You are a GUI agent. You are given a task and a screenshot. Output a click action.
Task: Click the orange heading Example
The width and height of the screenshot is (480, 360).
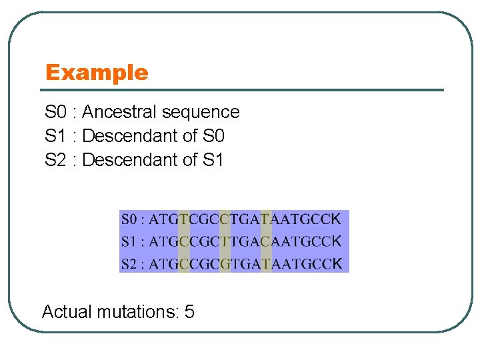(x=97, y=72)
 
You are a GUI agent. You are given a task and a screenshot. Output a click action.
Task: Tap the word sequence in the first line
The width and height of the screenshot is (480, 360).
(x=206, y=112)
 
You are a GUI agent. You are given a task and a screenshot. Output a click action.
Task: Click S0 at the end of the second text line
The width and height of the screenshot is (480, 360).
(x=213, y=136)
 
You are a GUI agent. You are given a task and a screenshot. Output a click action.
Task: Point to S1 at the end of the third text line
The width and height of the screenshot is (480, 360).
(x=213, y=160)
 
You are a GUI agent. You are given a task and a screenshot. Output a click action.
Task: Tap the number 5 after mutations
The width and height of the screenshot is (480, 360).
(x=189, y=311)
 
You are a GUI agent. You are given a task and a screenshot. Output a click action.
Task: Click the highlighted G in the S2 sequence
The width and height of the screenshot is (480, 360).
(x=225, y=264)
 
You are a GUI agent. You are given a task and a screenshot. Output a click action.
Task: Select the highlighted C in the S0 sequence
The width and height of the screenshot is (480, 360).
(x=225, y=219)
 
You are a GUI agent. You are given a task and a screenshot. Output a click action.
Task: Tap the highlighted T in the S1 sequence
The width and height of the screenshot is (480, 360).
(x=225, y=241)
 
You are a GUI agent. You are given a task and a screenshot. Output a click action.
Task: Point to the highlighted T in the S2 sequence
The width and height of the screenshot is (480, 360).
(x=266, y=264)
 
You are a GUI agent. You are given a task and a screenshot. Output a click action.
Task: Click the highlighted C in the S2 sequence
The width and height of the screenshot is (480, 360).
(x=184, y=264)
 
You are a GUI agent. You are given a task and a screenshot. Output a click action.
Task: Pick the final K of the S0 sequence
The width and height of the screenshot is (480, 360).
(x=336, y=219)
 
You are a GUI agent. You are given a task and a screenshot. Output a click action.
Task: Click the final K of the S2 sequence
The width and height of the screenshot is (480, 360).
(x=337, y=264)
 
